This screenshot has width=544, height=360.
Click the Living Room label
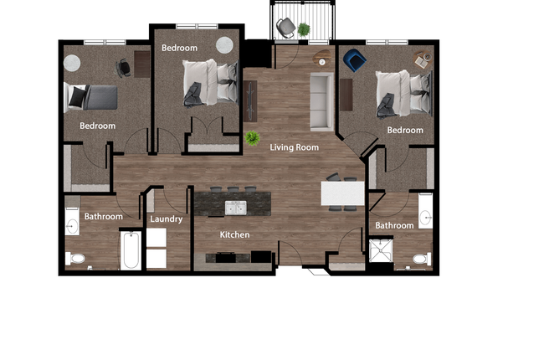(295, 147)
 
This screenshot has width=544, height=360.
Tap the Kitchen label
(234, 235)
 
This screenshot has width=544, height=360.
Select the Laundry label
(166, 219)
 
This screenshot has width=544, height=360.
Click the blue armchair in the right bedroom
(354, 59)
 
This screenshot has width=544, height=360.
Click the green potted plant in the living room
(252, 138)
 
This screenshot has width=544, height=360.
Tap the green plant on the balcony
(304, 29)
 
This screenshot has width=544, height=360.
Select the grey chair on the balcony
(286, 27)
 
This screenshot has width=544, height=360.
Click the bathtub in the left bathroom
(131, 250)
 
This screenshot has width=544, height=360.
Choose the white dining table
(343, 194)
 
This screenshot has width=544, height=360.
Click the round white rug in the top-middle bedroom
(225, 45)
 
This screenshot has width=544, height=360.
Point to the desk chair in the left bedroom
(124, 67)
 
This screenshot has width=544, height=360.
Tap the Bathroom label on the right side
(394, 225)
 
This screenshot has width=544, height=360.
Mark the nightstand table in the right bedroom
(422, 60)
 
